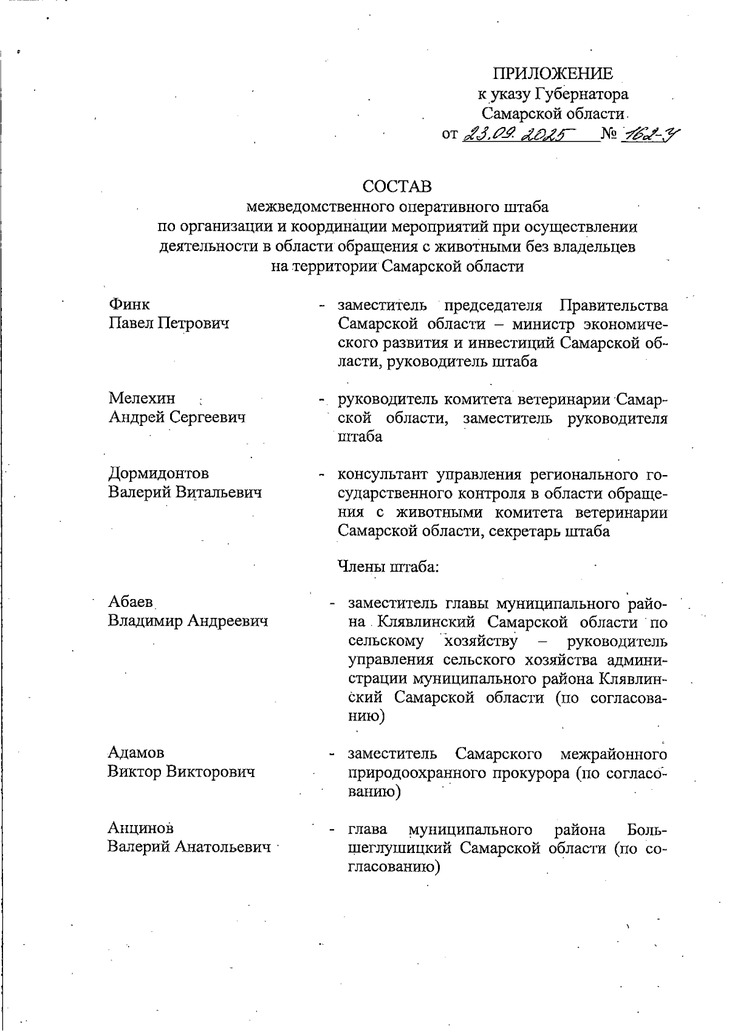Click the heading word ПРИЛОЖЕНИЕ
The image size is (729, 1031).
(x=552, y=74)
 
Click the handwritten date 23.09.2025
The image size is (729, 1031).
(x=521, y=133)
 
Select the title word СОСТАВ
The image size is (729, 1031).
(x=397, y=186)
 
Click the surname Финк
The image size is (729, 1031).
(x=129, y=304)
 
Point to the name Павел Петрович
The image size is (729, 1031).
(x=169, y=323)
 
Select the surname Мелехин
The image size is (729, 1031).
(x=142, y=399)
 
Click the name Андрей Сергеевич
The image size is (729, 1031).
(x=177, y=417)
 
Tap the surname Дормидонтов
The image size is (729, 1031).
(x=159, y=473)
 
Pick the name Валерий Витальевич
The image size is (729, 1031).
(x=185, y=492)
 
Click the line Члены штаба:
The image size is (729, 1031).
(x=388, y=568)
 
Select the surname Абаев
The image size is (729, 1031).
(x=131, y=602)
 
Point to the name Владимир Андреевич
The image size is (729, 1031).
(x=188, y=621)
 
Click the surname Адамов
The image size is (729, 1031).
(x=136, y=753)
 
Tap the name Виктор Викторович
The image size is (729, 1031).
(x=181, y=772)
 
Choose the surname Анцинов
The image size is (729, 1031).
(x=140, y=828)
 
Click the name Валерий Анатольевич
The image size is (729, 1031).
(x=189, y=847)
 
